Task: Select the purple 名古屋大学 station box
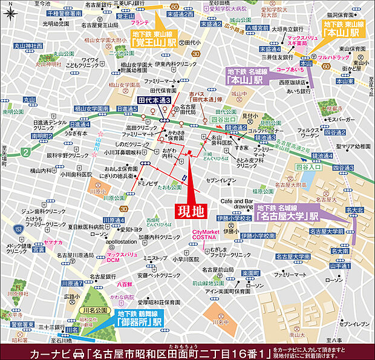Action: point(287,211)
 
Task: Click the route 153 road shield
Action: point(19,229)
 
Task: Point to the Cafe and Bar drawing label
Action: point(236,203)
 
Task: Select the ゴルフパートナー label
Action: point(266,130)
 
